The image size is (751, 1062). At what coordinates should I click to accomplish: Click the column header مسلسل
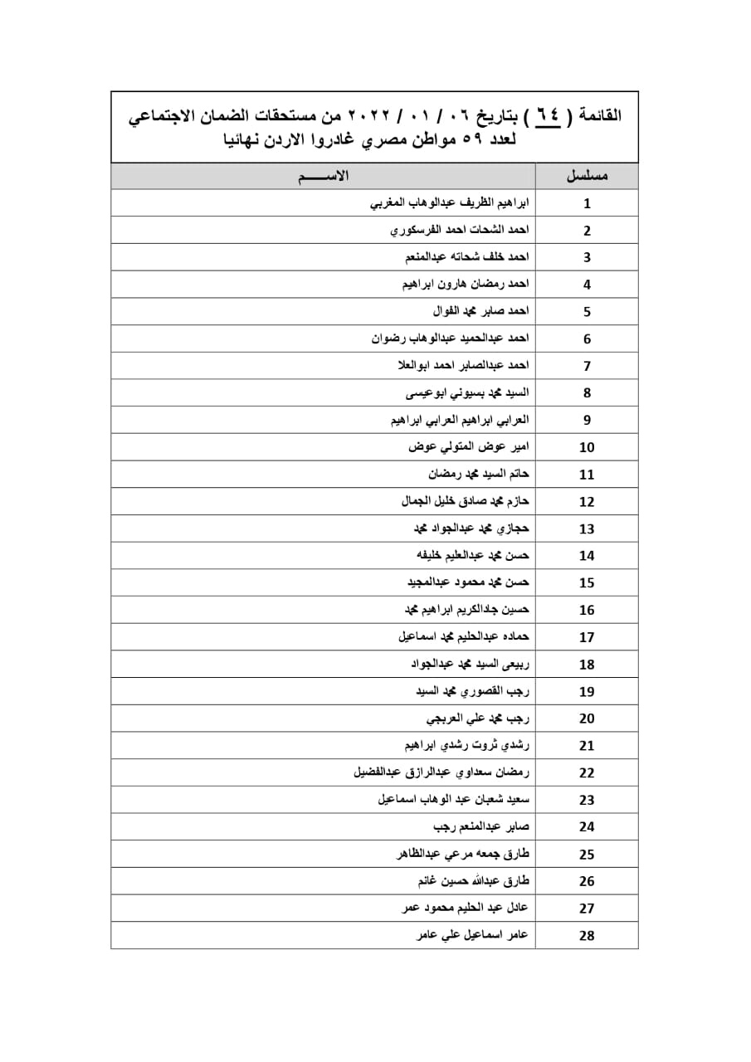tap(587, 176)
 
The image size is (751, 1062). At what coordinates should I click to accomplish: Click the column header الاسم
tap(324, 176)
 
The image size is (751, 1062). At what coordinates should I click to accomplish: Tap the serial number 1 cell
tap(587, 203)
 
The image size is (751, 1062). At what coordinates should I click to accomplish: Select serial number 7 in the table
tap(587, 366)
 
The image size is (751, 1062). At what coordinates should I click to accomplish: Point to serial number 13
tap(587, 529)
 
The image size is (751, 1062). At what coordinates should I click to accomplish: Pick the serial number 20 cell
tap(587, 719)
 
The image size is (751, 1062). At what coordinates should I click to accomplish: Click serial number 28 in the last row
tap(587, 936)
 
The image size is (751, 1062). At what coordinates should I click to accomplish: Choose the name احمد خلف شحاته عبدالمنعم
tap(466, 256)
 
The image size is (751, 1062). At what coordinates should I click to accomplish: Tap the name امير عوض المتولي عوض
tap(469, 446)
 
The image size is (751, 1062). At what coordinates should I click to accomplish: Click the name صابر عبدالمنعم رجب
tap(481, 826)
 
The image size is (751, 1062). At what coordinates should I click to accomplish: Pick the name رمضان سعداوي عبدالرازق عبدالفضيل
tap(441, 772)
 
